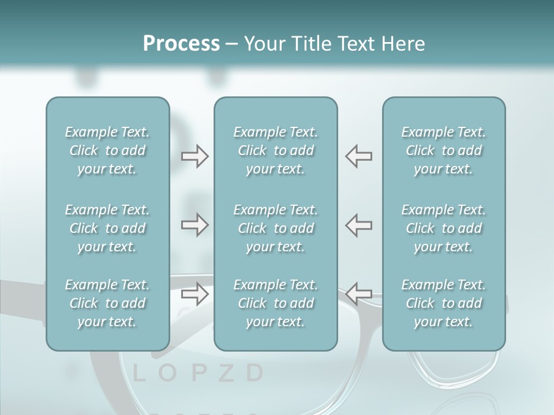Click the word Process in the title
[x=181, y=44]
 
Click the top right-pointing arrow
[x=194, y=156]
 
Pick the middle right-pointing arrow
[x=194, y=225]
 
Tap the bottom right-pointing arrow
[x=194, y=294]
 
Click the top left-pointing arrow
[x=359, y=156]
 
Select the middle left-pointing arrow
[x=359, y=225]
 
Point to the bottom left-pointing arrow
[x=359, y=294]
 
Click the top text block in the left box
[x=107, y=150]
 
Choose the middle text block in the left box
[x=107, y=228]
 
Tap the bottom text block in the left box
[x=107, y=303]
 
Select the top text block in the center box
[x=275, y=150]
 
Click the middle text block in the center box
[x=275, y=228]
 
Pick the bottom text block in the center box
[x=275, y=303]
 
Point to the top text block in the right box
[x=443, y=150]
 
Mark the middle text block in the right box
[x=443, y=228]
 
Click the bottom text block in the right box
[x=443, y=303]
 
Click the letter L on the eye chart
[x=138, y=373]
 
